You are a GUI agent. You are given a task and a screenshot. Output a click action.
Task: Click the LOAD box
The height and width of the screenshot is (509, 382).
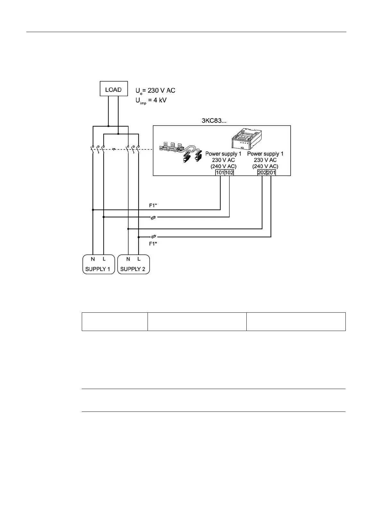(114, 89)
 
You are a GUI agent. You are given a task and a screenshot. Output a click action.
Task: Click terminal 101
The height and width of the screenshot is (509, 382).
(220, 173)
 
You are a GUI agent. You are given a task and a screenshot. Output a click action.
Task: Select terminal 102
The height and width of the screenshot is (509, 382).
(229, 173)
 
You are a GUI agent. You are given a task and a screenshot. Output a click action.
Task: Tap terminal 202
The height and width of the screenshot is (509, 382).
(262, 173)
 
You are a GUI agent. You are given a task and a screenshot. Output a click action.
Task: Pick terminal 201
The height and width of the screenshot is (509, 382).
(271, 173)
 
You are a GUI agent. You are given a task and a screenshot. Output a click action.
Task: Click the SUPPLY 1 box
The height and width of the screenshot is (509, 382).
(98, 264)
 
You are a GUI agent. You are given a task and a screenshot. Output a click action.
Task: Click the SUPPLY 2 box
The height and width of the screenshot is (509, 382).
(133, 264)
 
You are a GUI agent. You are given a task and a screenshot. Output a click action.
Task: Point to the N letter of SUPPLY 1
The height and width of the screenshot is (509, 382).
(93, 259)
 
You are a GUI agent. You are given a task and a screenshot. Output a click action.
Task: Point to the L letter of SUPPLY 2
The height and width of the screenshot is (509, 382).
(139, 259)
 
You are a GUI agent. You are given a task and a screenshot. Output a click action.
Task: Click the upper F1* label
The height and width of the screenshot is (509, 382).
(153, 206)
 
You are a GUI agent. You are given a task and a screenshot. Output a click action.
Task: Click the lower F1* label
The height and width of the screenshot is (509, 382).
(153, 244)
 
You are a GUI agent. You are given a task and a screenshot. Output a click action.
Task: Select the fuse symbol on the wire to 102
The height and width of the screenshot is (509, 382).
(154, 217)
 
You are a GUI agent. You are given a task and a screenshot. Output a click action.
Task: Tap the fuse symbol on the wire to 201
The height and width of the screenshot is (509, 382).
(154, 237)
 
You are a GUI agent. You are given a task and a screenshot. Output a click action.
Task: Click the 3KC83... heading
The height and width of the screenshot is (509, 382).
(214, 121)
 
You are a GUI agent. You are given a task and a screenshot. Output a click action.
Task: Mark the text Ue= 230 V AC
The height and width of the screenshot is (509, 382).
(156, 91)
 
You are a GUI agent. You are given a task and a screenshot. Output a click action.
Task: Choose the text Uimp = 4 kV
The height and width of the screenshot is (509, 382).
(151, 101)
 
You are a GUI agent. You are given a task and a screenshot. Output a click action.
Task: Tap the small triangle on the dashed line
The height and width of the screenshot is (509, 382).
(114, 149)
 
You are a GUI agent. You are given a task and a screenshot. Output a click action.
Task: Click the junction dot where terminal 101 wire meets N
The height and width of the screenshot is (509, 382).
(93, 210)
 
